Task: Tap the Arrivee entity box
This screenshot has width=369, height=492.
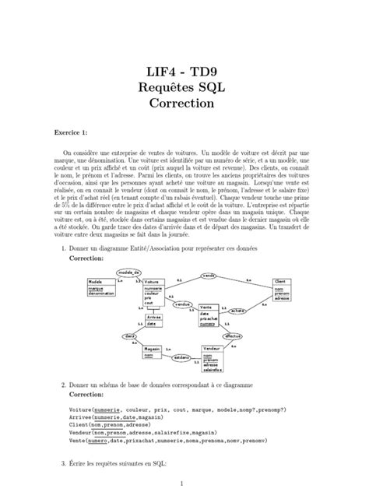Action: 153,319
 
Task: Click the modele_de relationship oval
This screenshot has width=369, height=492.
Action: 128,272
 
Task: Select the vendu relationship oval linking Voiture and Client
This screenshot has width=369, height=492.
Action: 208,275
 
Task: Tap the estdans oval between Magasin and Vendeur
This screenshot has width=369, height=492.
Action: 184,357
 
